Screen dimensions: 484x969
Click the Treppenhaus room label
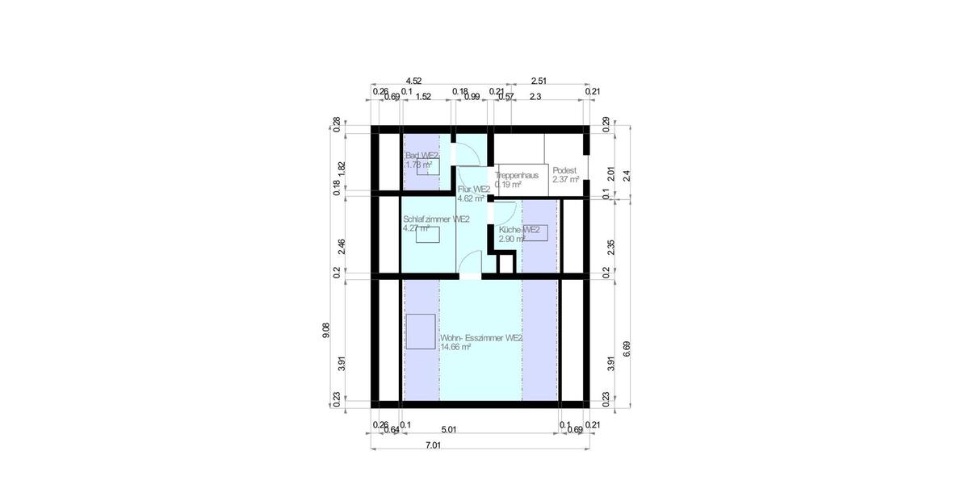point(517,174)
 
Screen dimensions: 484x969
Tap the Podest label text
point(564,170)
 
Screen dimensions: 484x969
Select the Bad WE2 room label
point(422,155)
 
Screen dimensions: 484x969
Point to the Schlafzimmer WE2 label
point(436,219)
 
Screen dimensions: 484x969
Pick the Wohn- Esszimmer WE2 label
point(480,338)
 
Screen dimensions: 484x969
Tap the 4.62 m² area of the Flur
point(471,198)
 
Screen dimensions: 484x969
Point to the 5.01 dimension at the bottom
point(447,430)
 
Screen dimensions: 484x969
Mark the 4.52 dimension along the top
point(413,81)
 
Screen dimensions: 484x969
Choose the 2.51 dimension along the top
point(539,81)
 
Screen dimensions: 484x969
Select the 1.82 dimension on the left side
point(342,167)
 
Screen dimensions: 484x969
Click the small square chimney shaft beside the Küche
point(505,263)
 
